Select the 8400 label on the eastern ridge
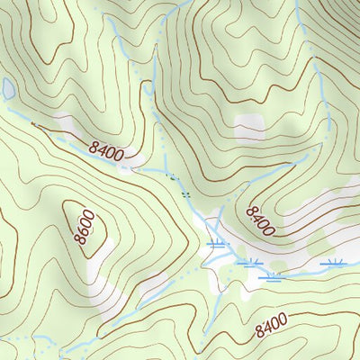[x=258, y=217]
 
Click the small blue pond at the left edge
[x=8, y=88]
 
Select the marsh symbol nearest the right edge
[x=337, y=263]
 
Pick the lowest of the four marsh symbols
[x=270, y=277]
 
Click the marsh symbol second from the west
[x=251, y=262]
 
